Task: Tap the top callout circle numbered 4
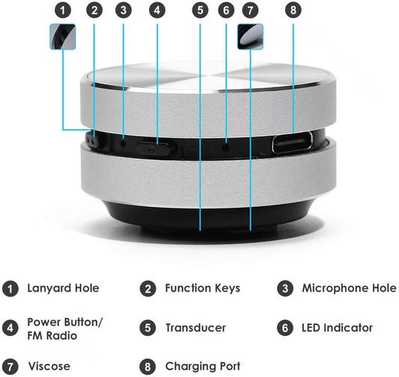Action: [x=156, y=10]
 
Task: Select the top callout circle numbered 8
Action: [x=293, y=10]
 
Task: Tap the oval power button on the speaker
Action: [x=156, y=146]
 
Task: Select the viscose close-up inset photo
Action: [x=250, y=36]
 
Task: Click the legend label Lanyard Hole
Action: [x=63, y=288]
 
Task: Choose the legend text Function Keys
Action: [x=202, y=288]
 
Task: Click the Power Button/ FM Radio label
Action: [x=65, y=328]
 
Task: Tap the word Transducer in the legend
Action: [x=195, y=328]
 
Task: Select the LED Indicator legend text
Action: [x=337, y=328]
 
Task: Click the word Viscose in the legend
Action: [x=49, y=367]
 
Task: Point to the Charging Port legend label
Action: [x=203, y=367]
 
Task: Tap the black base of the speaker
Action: [x=201, y=217]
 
